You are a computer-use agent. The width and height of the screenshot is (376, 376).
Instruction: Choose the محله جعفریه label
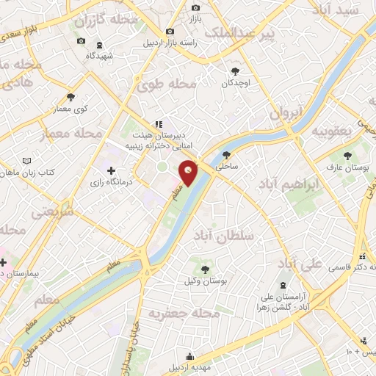pyautogui.click(x=184, y=314)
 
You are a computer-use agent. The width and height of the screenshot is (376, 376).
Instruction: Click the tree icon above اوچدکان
pyautogui.click(x=235, y=71)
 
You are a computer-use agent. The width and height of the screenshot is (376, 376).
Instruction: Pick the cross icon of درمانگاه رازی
pyautogui.click(x=111, y=170)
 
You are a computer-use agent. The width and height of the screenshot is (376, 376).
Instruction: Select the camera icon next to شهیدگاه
pyautogui.click(x=81, y=40)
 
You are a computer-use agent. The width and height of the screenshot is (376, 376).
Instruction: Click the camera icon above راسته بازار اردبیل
pyautogui.click(x=170, y=31)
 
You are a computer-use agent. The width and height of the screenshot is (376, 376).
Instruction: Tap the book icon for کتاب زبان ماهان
pyautogui.click(x=27, y=161)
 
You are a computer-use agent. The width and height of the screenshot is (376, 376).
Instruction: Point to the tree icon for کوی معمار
pyautogui.click(x=70, y=97)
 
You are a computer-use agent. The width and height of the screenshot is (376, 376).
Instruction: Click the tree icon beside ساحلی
pyautogui.click(x=226, y=155)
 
